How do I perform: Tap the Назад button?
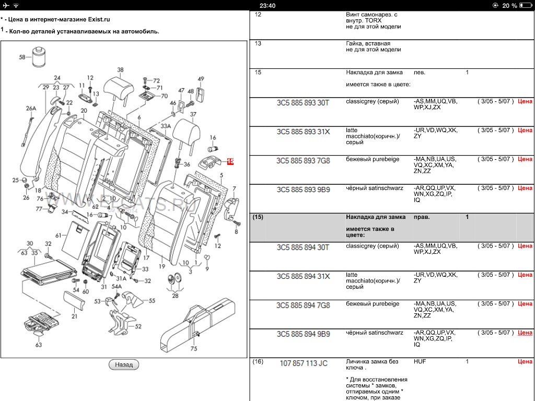point(124,364)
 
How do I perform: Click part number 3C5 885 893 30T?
point(303,103)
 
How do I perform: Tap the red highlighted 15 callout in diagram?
point(230,162)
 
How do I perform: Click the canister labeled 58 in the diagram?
point(38,57)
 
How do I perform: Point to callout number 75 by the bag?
point(194,349)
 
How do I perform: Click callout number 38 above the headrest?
point(120,70)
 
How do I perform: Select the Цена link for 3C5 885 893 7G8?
point(525,159)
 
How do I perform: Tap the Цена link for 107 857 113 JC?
point(525,361)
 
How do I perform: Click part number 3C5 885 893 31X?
point(303,132)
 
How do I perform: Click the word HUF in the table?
point(420,361)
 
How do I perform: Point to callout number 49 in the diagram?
point(201,79)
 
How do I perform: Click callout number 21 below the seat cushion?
point(74,316)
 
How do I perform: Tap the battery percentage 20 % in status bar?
point(509,5)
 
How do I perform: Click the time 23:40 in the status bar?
point(267,5)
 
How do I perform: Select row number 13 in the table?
point(258,44)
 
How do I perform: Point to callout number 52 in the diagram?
point(138,326)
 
